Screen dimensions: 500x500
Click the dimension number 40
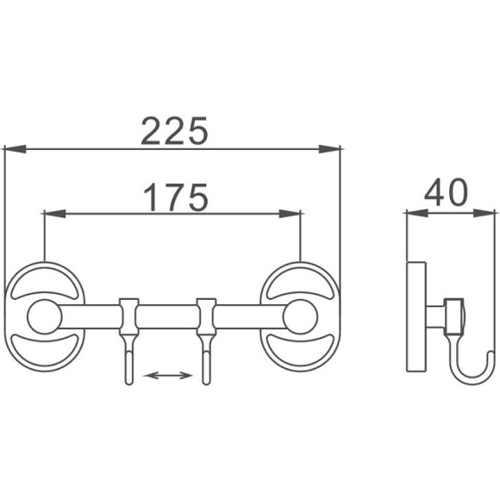(444, 191)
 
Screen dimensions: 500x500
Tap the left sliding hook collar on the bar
(128, 317)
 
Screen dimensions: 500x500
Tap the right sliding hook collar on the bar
(206, 317)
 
